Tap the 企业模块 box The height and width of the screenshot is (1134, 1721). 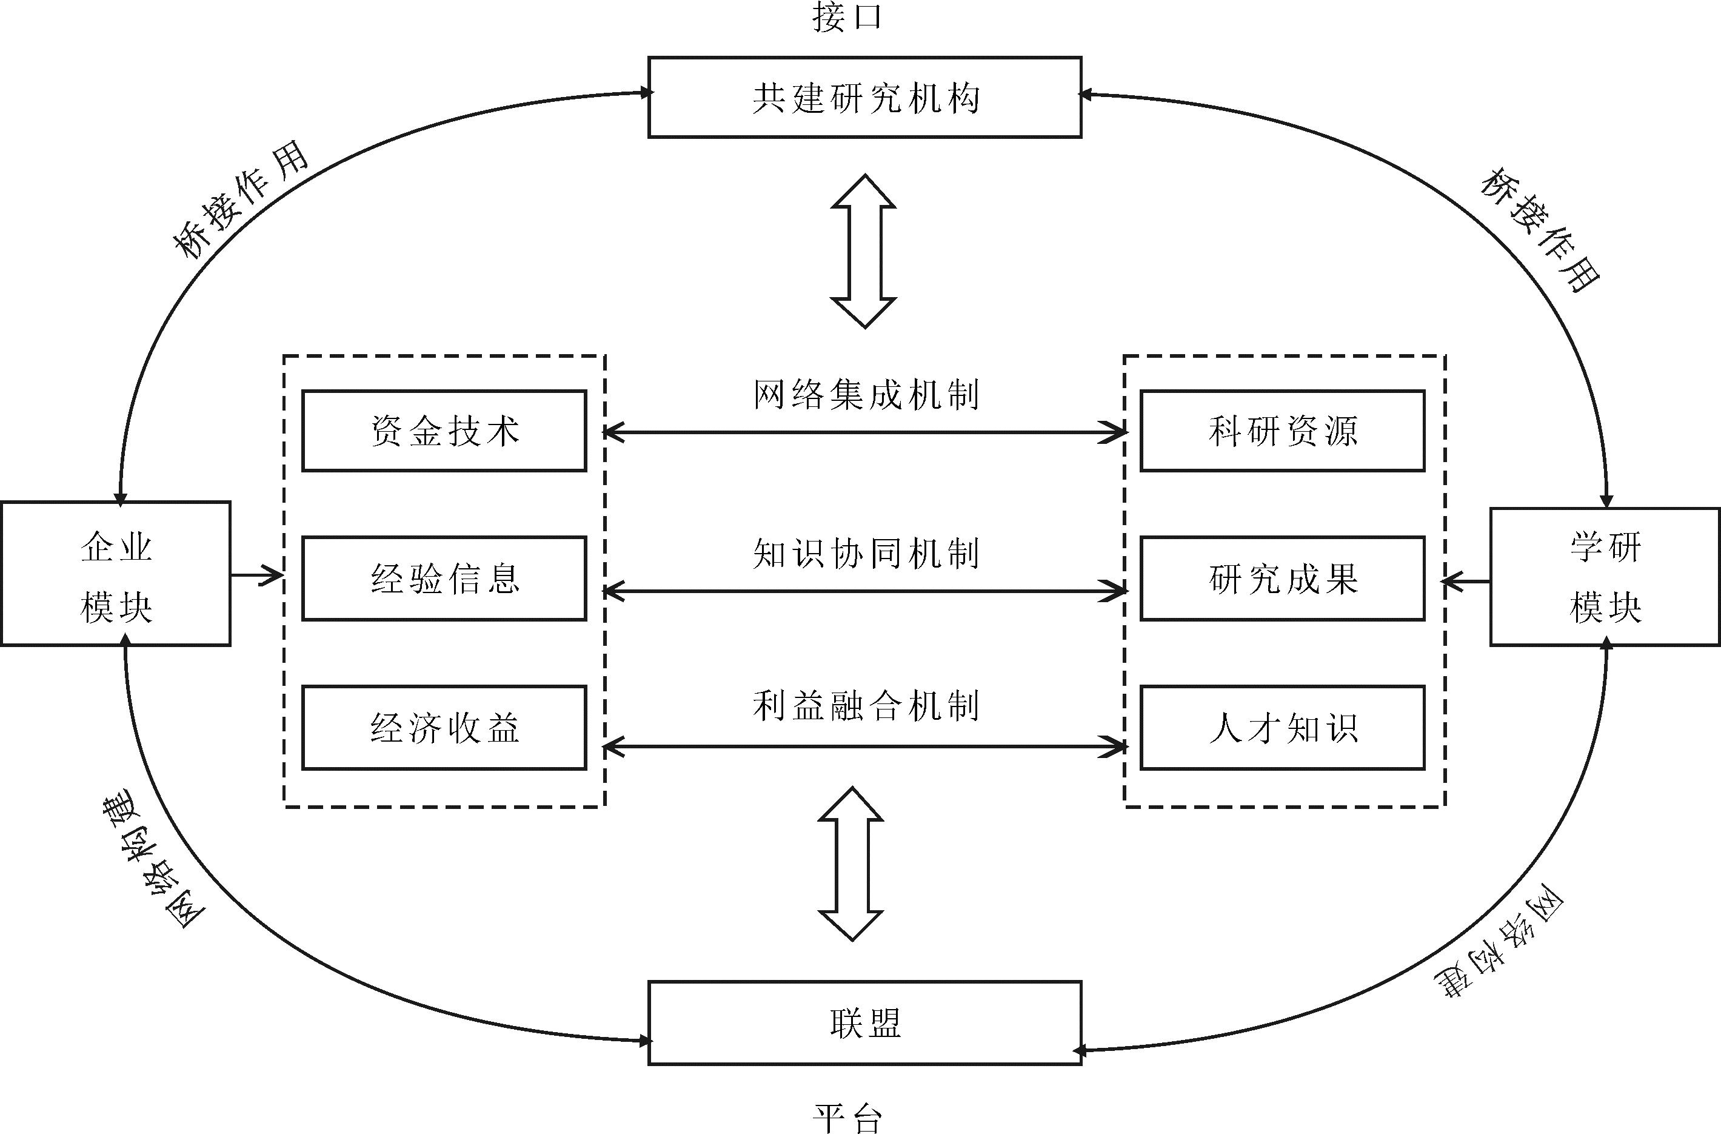point(116,574)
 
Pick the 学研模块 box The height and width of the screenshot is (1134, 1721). point(1605,577)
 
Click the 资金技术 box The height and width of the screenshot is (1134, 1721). point(444,431)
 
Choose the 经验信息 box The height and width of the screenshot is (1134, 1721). point(444,579)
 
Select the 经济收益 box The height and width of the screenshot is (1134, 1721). point(444,728)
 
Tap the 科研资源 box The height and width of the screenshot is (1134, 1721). point(1282,431)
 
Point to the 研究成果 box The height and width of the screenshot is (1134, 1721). point(1282,579)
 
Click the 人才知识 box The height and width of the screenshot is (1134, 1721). point(1282,728)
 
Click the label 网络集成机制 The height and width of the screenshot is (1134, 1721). point(866,395)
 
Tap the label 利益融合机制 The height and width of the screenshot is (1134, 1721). point(866,706)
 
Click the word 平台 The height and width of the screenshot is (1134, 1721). point(847,1118)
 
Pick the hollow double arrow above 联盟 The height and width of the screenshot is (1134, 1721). point(851,864)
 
